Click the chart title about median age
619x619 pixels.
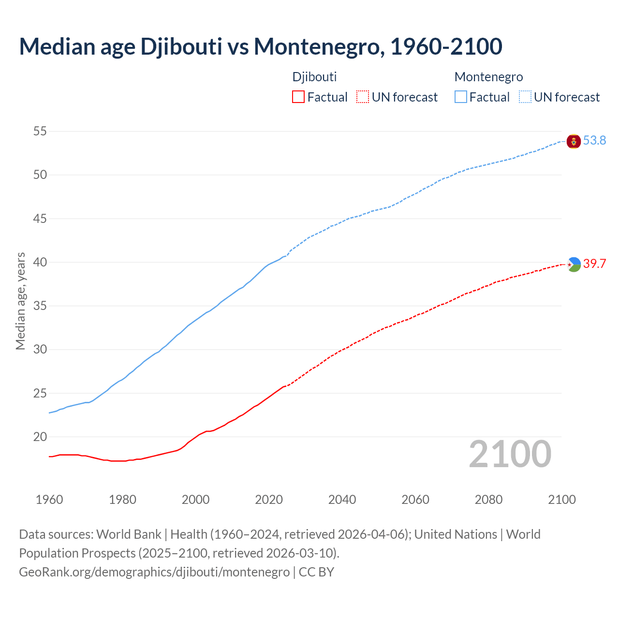tap(261, 46)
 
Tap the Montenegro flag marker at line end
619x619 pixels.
tap(574, 141)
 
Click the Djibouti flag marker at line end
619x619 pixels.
tap(574, 264)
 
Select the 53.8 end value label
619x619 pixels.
tap(594, 141)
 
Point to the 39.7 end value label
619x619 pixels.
tap(594, 264)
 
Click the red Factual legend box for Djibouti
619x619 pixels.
tap(298, 97)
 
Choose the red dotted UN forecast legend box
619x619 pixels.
tap(363, 97)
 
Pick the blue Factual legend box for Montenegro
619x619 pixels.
tap(461, 97)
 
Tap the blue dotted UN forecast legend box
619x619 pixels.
tap(525, 97)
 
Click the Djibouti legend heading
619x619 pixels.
tap(314, 77)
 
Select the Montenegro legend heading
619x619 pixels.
tap(488, 77)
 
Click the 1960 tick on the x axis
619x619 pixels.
tap(49, 500)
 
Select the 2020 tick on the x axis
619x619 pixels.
tap(269, 500)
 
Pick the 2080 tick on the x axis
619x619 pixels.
tap(488, 500)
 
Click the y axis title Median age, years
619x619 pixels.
tap(20, 301)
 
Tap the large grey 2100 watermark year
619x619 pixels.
tap(510, 454)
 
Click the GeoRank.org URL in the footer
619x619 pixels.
tap(154, 572)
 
